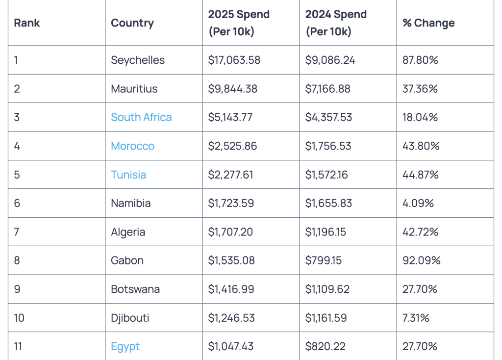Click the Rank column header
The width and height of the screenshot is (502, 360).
coord(27,23)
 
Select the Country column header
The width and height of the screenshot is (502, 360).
coord(132,23)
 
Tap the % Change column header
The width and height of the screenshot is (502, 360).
coord(428,23)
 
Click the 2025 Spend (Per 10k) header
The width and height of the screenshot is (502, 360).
coord(239,23)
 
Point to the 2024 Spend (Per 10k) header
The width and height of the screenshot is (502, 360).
coord(336,23)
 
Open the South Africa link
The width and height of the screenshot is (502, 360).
coord(141,117)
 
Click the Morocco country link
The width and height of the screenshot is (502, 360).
coord(132,146)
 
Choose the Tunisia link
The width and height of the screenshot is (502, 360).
coord(128,175)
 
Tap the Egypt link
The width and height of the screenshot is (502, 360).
coord(125,346)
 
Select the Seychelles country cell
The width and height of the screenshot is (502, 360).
coord(138,60)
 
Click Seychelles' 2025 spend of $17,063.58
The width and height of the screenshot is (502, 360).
coord(234,60)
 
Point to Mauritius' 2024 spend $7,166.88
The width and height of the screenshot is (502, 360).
coord(330,89)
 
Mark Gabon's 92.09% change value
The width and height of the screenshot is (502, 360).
coord(421,260)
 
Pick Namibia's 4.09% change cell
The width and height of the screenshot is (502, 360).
coord(418,203)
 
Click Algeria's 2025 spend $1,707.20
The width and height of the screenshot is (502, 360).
coord(230,232)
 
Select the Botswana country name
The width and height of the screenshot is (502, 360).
coord(135,289)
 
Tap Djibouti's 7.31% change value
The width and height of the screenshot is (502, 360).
coord(416,318)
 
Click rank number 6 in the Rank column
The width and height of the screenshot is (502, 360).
coord(17,203)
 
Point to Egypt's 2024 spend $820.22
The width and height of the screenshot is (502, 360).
coord(325,346)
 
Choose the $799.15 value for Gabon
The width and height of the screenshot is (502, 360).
coord(324,260)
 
